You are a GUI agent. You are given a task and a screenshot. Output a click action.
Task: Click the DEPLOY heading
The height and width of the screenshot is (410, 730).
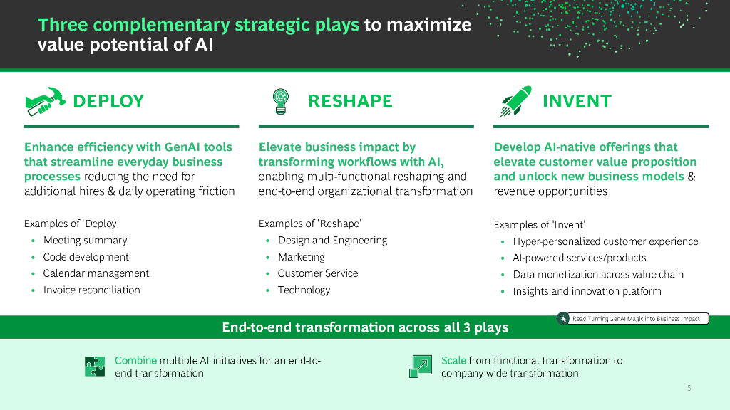point(108,101)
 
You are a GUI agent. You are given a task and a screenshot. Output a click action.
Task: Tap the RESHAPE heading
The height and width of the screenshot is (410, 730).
point(350,101)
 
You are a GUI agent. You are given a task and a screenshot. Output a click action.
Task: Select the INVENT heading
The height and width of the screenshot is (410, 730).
point(577,101)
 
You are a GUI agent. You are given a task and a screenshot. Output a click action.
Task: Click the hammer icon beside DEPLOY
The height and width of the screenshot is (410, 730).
point(45,101)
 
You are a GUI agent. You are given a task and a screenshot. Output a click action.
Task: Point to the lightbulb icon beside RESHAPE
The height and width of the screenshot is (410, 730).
point(281,101)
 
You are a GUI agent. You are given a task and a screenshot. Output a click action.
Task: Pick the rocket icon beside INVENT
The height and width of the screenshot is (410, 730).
point(516,101)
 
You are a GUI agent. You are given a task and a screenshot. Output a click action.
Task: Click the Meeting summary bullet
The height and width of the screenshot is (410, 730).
point(86,241)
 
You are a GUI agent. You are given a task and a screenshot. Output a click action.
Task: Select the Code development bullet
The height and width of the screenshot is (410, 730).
point(86,257)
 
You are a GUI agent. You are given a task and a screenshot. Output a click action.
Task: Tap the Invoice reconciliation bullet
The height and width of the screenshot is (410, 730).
point(92,290)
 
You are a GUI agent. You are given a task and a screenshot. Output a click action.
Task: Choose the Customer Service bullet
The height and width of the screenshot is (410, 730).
point(318,273)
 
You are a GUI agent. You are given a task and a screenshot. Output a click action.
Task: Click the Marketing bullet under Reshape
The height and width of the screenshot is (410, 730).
point(302,257)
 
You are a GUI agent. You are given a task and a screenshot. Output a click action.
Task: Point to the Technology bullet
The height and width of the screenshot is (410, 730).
point(304,290)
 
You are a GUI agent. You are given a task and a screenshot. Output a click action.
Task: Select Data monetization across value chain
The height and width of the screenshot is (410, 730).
point(598,274)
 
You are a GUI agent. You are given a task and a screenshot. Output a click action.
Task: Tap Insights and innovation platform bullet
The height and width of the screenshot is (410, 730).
point(587,291)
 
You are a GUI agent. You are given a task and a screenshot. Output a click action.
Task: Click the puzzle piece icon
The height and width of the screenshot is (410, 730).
point(95,367)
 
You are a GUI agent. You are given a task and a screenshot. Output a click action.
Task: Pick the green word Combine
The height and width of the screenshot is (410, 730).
point(136,360)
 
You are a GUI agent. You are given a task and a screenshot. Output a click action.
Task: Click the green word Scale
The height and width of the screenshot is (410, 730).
point(453,360)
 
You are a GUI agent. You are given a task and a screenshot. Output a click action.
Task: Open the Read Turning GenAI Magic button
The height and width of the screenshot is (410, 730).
point(633,318)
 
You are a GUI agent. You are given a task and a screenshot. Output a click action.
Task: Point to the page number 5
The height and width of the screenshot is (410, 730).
point(689,388)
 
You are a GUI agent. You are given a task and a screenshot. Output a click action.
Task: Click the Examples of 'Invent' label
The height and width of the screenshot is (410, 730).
point(539,225)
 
